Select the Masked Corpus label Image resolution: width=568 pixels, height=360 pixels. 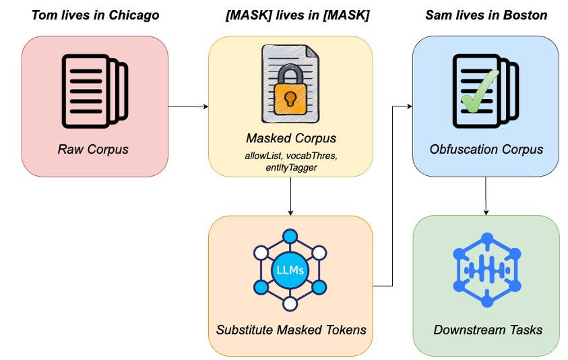290,139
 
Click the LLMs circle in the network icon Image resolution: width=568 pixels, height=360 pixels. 290,270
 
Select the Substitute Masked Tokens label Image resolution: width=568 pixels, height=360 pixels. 290,330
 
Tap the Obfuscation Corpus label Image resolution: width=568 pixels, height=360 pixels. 486,149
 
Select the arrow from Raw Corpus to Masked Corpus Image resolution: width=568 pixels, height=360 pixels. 188,107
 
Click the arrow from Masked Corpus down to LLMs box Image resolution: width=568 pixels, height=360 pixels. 290,197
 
